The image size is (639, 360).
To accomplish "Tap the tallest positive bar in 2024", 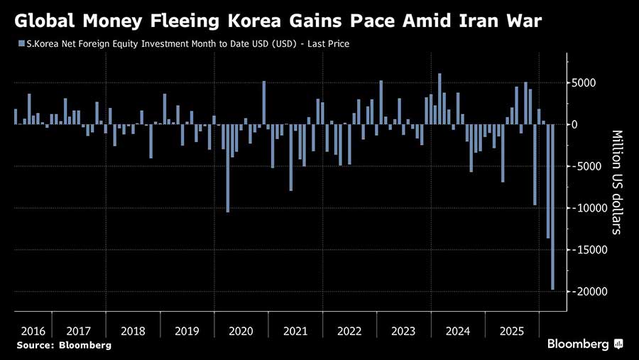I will pos(439,99).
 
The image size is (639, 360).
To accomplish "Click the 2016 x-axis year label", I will pos(33,331).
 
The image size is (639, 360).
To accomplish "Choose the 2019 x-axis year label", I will pos(187,331).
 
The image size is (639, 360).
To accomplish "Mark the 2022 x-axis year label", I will pos(349,331).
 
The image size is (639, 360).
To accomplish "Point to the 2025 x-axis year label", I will pos(512,331).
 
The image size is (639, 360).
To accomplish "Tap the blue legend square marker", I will pos(18,44).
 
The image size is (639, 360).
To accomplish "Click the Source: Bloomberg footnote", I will pos(63,345).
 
